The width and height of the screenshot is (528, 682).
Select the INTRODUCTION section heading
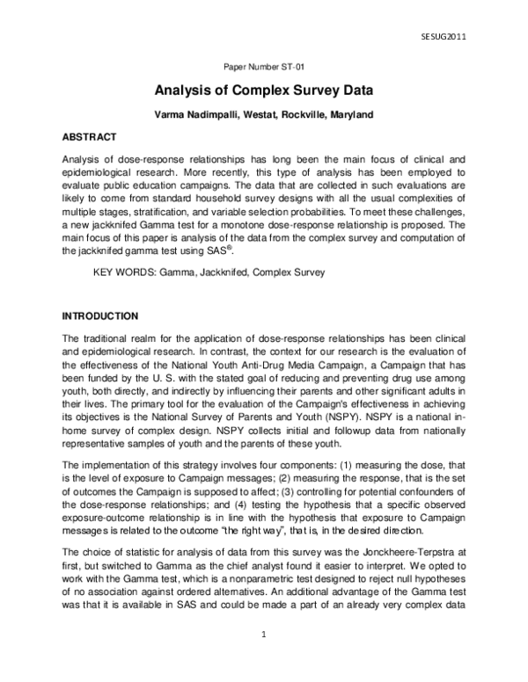point(99,316)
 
